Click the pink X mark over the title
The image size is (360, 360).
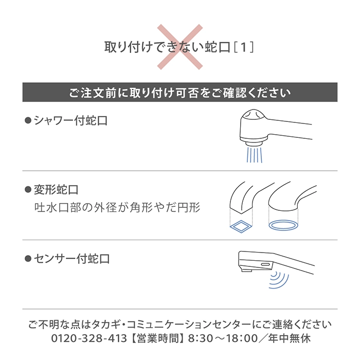[180, 47]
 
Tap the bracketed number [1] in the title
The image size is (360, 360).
[244, 47]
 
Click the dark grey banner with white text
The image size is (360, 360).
[180, 92]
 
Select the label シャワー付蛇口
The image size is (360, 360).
[71, 120]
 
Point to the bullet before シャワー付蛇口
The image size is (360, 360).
[28, 120]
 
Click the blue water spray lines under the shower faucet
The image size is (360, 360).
[255, 155]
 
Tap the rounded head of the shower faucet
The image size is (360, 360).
[254, 114]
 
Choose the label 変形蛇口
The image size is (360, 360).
[56, 190]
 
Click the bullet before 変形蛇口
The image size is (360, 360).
[28, 190]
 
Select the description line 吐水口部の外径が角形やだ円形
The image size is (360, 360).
[117, 208]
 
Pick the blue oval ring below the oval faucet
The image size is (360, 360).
[283, 225]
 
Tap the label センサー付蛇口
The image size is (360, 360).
[71, 259]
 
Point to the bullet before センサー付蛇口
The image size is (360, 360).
[28, 259]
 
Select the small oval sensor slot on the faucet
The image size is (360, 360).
[265, 264]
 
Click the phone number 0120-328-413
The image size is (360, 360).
[89, 338]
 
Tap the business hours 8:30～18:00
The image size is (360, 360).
[223, 338]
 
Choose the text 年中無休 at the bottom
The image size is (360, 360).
[290, 338]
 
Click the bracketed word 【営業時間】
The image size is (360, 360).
[158, 338]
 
